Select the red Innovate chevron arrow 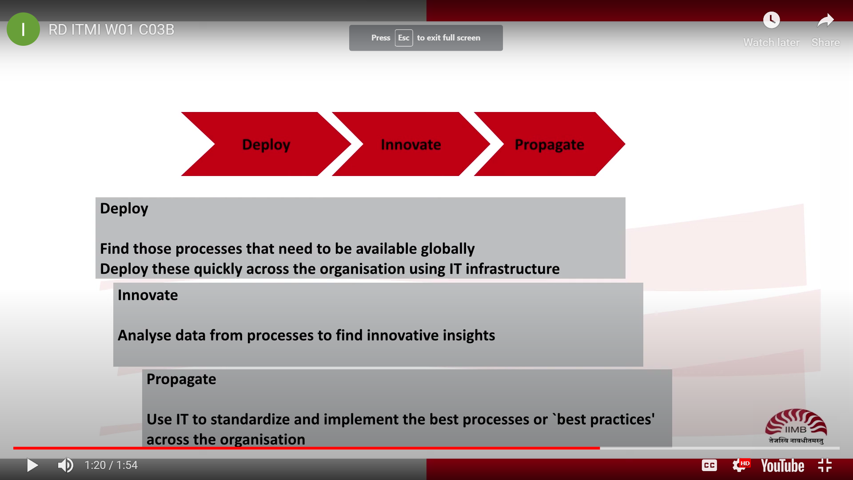411,144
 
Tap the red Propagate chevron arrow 550,144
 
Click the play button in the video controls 32,465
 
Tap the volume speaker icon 66,465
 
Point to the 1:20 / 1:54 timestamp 111,465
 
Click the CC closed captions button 709,465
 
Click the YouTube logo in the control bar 782,466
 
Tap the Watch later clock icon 771,20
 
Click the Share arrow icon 825,20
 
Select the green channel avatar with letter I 23,29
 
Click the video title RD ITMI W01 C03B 111,30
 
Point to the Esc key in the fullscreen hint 404,38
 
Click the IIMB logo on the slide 796,426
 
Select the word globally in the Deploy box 448,249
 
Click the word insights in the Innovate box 468,336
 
